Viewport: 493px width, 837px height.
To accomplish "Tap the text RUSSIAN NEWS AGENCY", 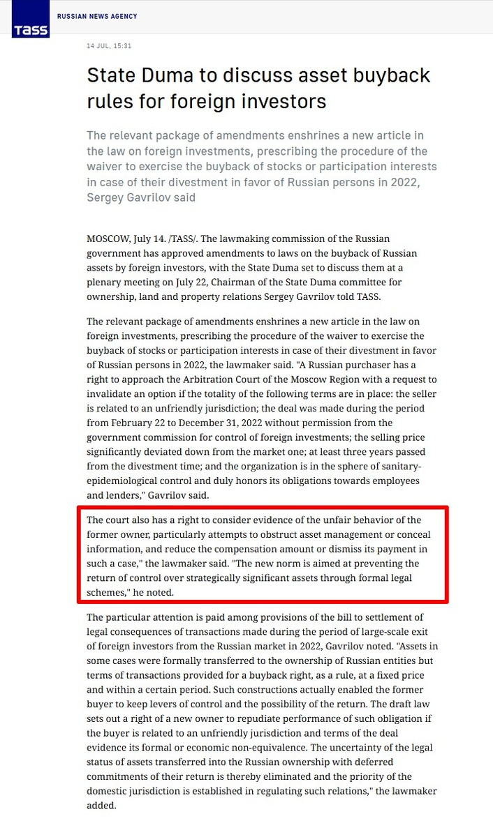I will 97,16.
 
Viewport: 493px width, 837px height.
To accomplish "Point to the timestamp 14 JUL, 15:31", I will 109,46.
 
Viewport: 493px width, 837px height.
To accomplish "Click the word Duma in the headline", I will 170,75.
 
